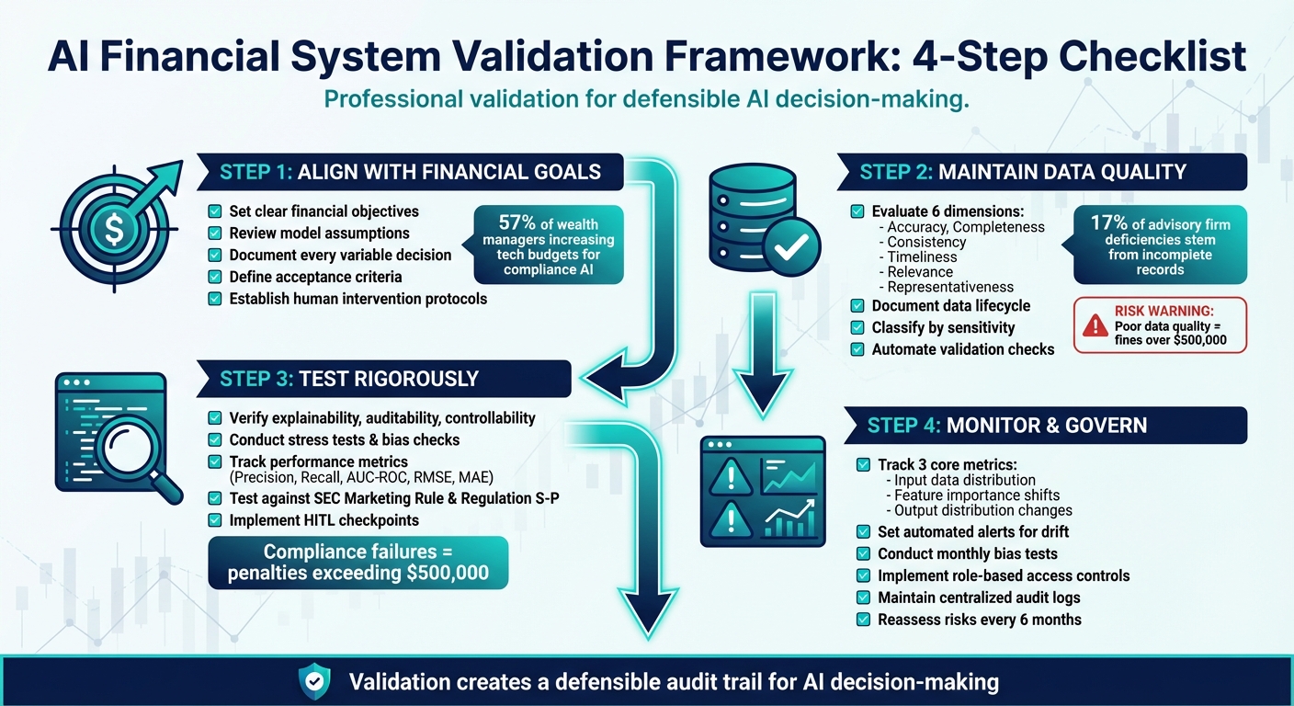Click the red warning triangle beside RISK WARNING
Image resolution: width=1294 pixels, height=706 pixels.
point(1095,325)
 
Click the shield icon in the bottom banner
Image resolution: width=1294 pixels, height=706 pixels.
point(315,681)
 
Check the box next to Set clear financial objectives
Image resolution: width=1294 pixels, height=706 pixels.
point(215,211)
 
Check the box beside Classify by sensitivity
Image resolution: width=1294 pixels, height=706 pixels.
point(857,327)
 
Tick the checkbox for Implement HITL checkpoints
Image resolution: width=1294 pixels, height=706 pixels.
point(215,520)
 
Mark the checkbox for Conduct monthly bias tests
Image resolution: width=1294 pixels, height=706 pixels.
point(863,553)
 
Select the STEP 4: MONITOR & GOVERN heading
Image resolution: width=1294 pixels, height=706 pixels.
point(1006,426)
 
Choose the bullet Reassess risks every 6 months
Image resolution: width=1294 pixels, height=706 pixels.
point(979,620)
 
